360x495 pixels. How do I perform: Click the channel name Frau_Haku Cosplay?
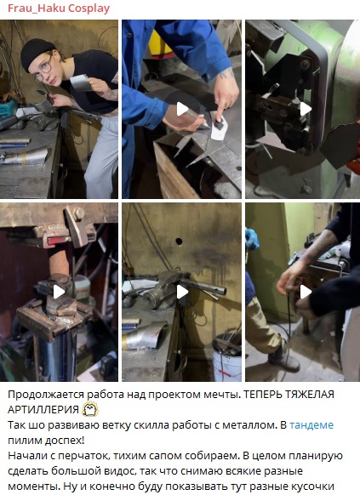pyautogui.click(x=59, y=9)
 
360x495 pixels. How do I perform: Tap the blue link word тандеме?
pyautogui.click(x=311, y=425)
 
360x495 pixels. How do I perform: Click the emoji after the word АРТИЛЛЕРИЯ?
pyautogui.click(x=90, y=409)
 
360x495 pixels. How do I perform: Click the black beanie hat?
pyautogui.click(x=37, y=53)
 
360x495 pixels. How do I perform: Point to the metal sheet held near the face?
pyautogui.click(x=79, y=82)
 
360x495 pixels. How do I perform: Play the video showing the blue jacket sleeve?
pyautogui.click(x=182, y=109)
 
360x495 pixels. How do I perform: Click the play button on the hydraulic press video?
pyautogui.click(x=59, y=292)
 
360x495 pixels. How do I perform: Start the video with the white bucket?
pyautogui.click(x=182, y=292)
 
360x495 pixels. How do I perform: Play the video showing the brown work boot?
pyautogui.click(x=306, y=292)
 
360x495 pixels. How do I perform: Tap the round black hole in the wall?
pyautogui.click(x=179, y=242)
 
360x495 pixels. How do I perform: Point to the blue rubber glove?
pyautogui.click(x=252, y=239)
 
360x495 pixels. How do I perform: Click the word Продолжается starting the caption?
pyautogui.click(x=46, y=395)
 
